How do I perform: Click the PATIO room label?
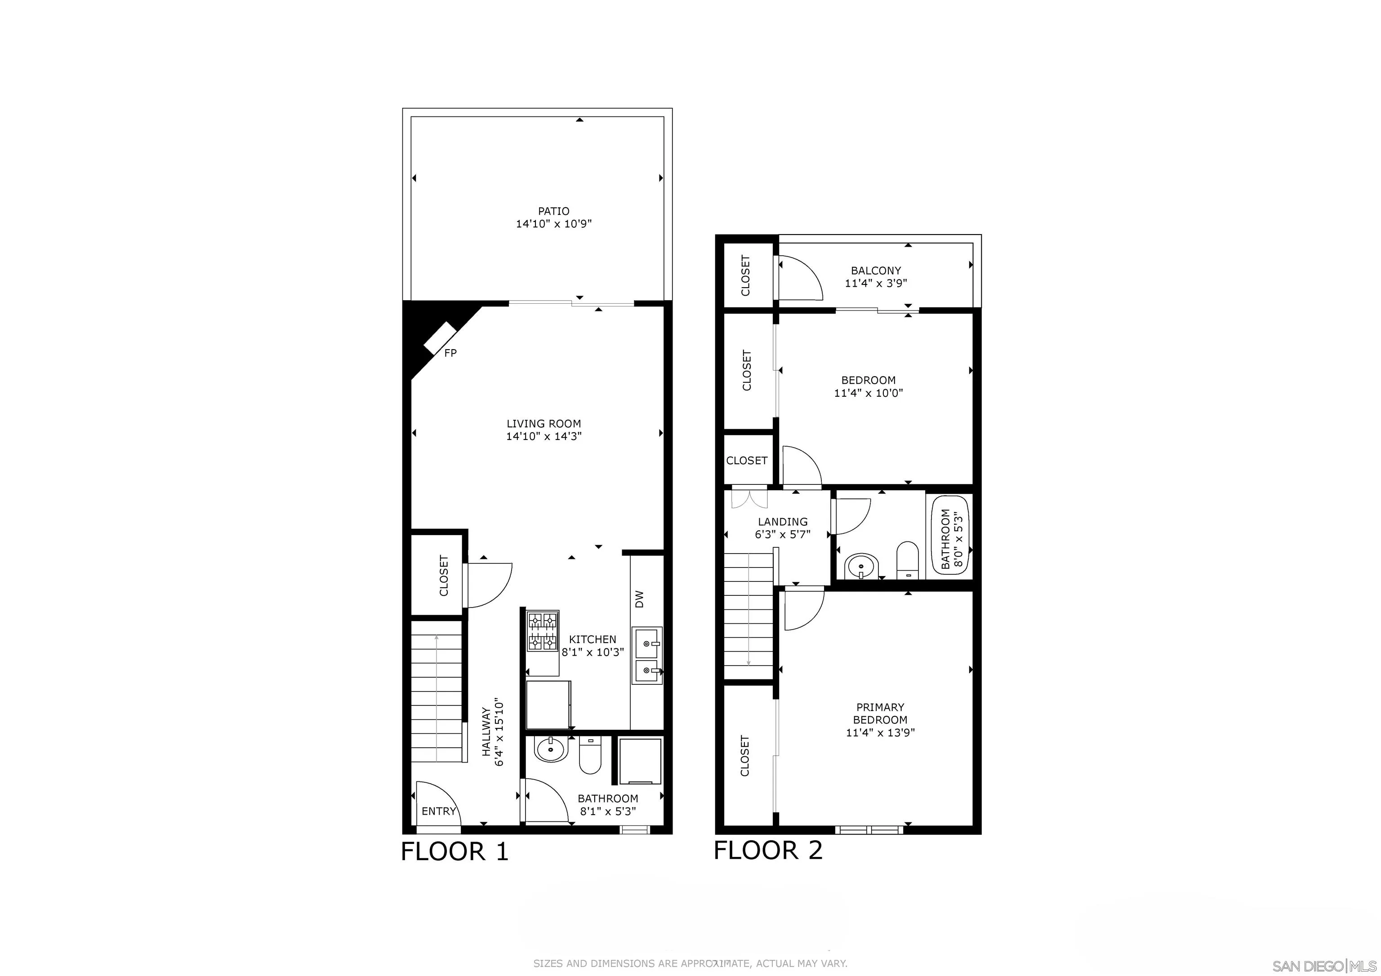click(553, 211)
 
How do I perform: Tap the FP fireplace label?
click(450, 353)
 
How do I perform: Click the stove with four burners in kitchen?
click(543, 631)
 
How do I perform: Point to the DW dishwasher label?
click(639, 599)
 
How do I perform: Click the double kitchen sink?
click(647, 656)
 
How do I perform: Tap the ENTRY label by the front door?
click(438, 811)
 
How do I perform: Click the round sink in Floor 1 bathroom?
click(550, 750)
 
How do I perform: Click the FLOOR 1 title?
click(455, 852)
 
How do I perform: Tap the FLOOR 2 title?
click(768, 850)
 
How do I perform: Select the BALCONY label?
click(876, 271)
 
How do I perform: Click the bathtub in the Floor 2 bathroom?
click(950, 535)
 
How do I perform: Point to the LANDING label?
click(783, 521)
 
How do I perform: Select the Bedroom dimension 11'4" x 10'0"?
click(869, 393)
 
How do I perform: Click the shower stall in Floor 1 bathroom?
click(640, 761)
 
